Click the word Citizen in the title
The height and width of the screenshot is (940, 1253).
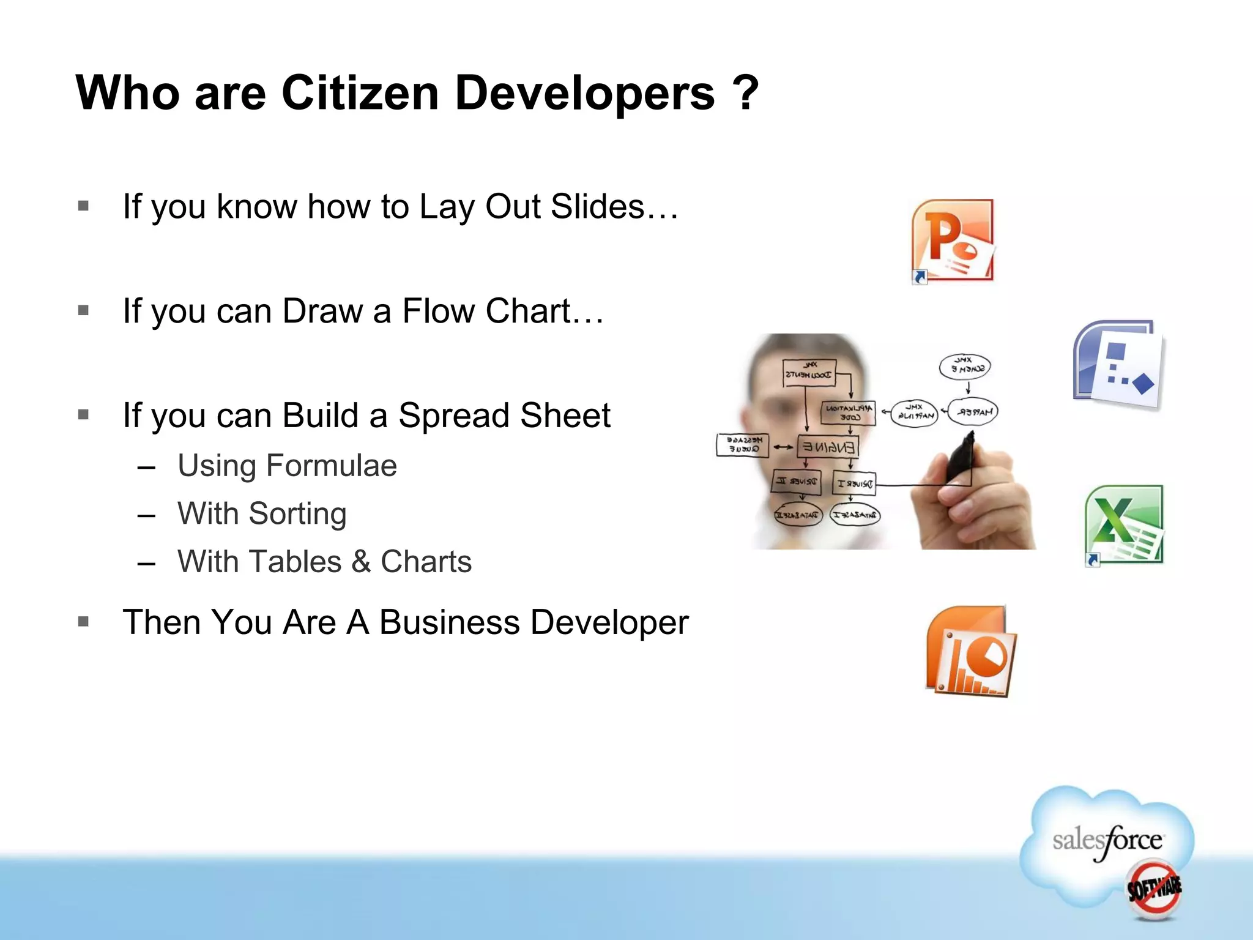360,93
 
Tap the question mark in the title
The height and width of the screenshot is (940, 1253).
745,93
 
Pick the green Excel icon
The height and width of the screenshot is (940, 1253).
1125,525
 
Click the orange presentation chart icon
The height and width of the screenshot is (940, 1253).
970,651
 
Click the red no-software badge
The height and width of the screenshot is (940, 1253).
1154,889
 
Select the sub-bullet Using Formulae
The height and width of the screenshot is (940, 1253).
286,466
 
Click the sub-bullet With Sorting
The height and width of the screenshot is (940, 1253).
262,513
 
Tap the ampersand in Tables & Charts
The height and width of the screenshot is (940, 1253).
361,562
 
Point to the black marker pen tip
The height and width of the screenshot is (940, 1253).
970,435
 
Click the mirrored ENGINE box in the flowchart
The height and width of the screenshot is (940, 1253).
828,447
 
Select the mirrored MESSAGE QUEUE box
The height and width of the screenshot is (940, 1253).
743,445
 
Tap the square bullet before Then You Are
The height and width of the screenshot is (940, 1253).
84,622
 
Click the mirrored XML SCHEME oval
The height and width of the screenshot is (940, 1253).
965,367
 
